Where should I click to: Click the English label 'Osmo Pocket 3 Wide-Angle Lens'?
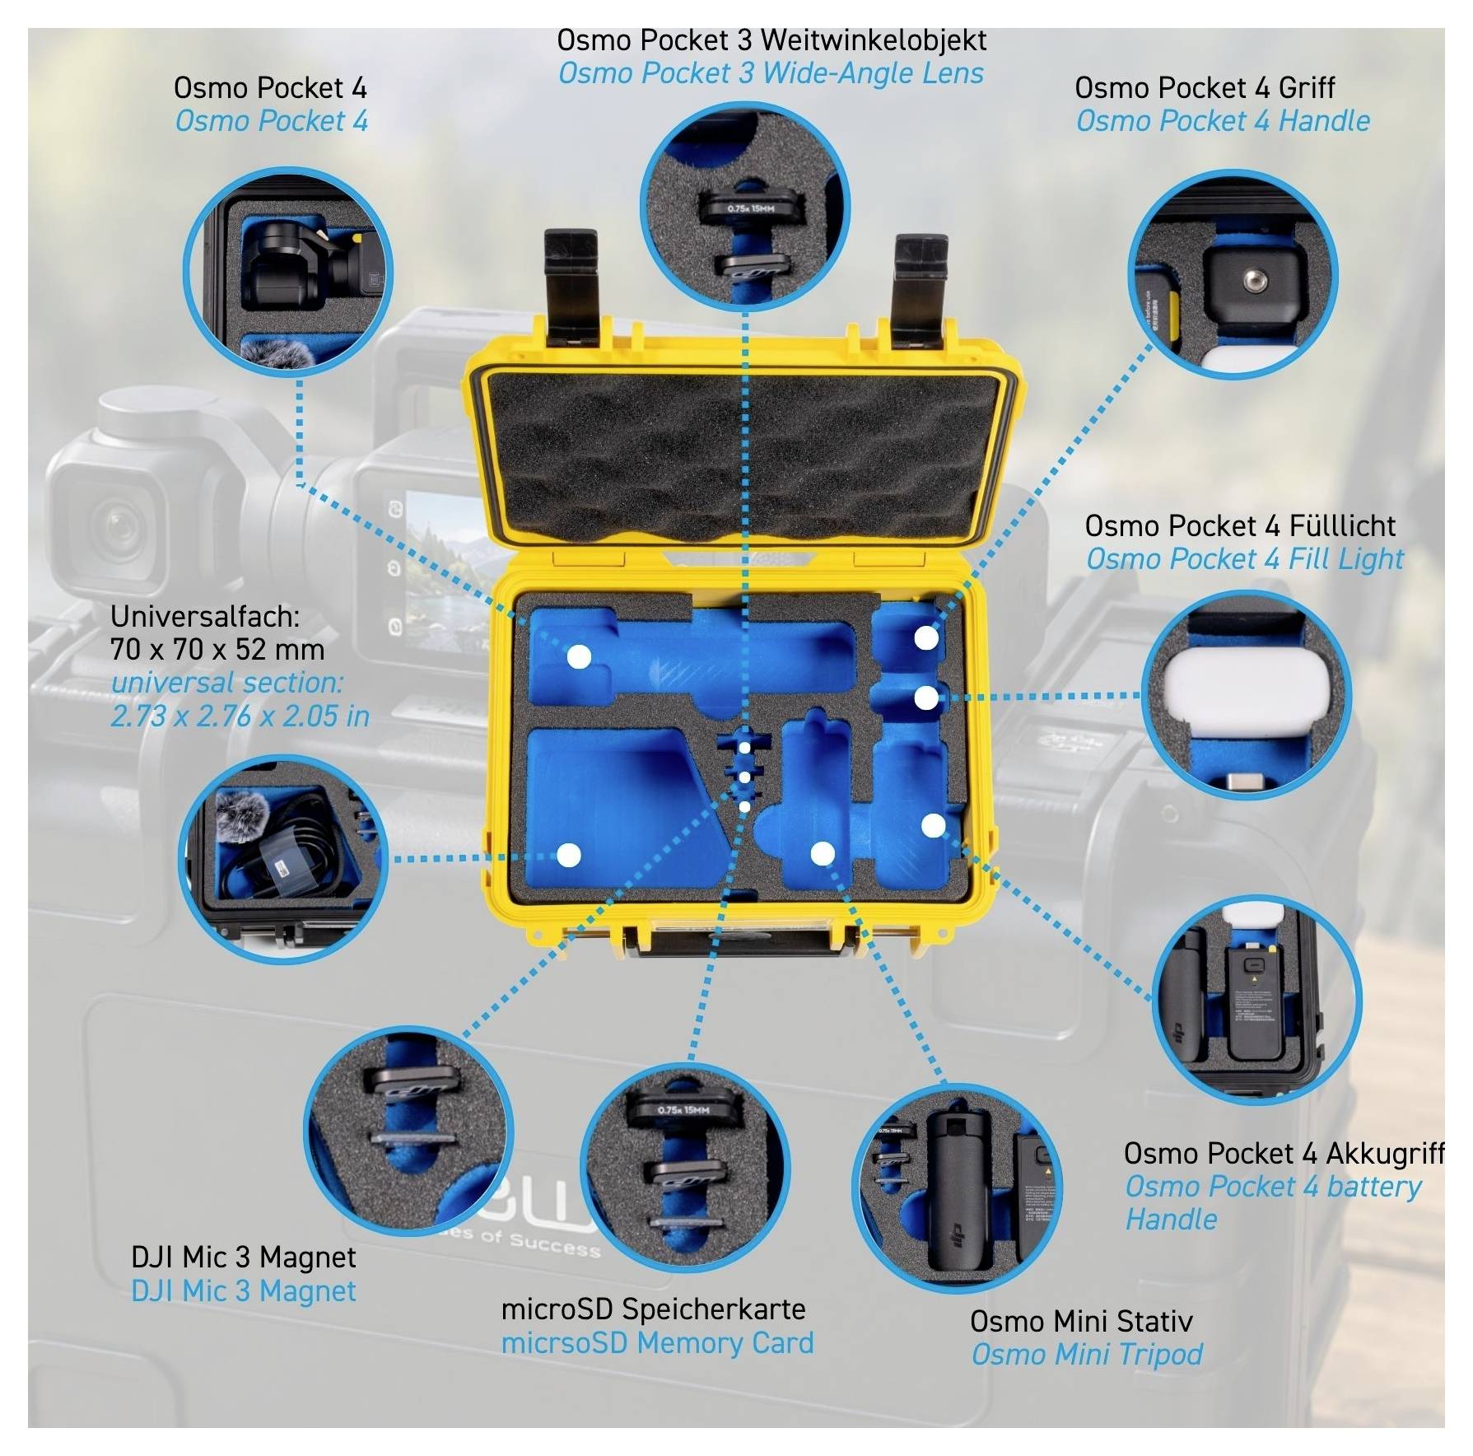coord(771,73)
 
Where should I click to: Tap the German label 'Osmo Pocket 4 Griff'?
coord(1205,87)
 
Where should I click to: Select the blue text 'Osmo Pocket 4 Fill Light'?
coord(1245,559)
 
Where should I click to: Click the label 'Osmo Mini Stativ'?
coord(1081,1322)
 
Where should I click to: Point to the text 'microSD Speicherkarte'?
coord(654,1309)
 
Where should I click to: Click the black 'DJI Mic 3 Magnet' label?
coord(244,1258)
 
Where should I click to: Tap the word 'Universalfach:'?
coord(205,616)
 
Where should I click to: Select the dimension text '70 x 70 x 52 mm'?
coord(217,650)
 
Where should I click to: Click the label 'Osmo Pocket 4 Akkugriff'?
coord(1284,1154)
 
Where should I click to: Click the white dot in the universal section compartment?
coord(569,856)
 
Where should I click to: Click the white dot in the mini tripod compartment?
coord(823,854)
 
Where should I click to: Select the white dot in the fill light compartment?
coord(926,698)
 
